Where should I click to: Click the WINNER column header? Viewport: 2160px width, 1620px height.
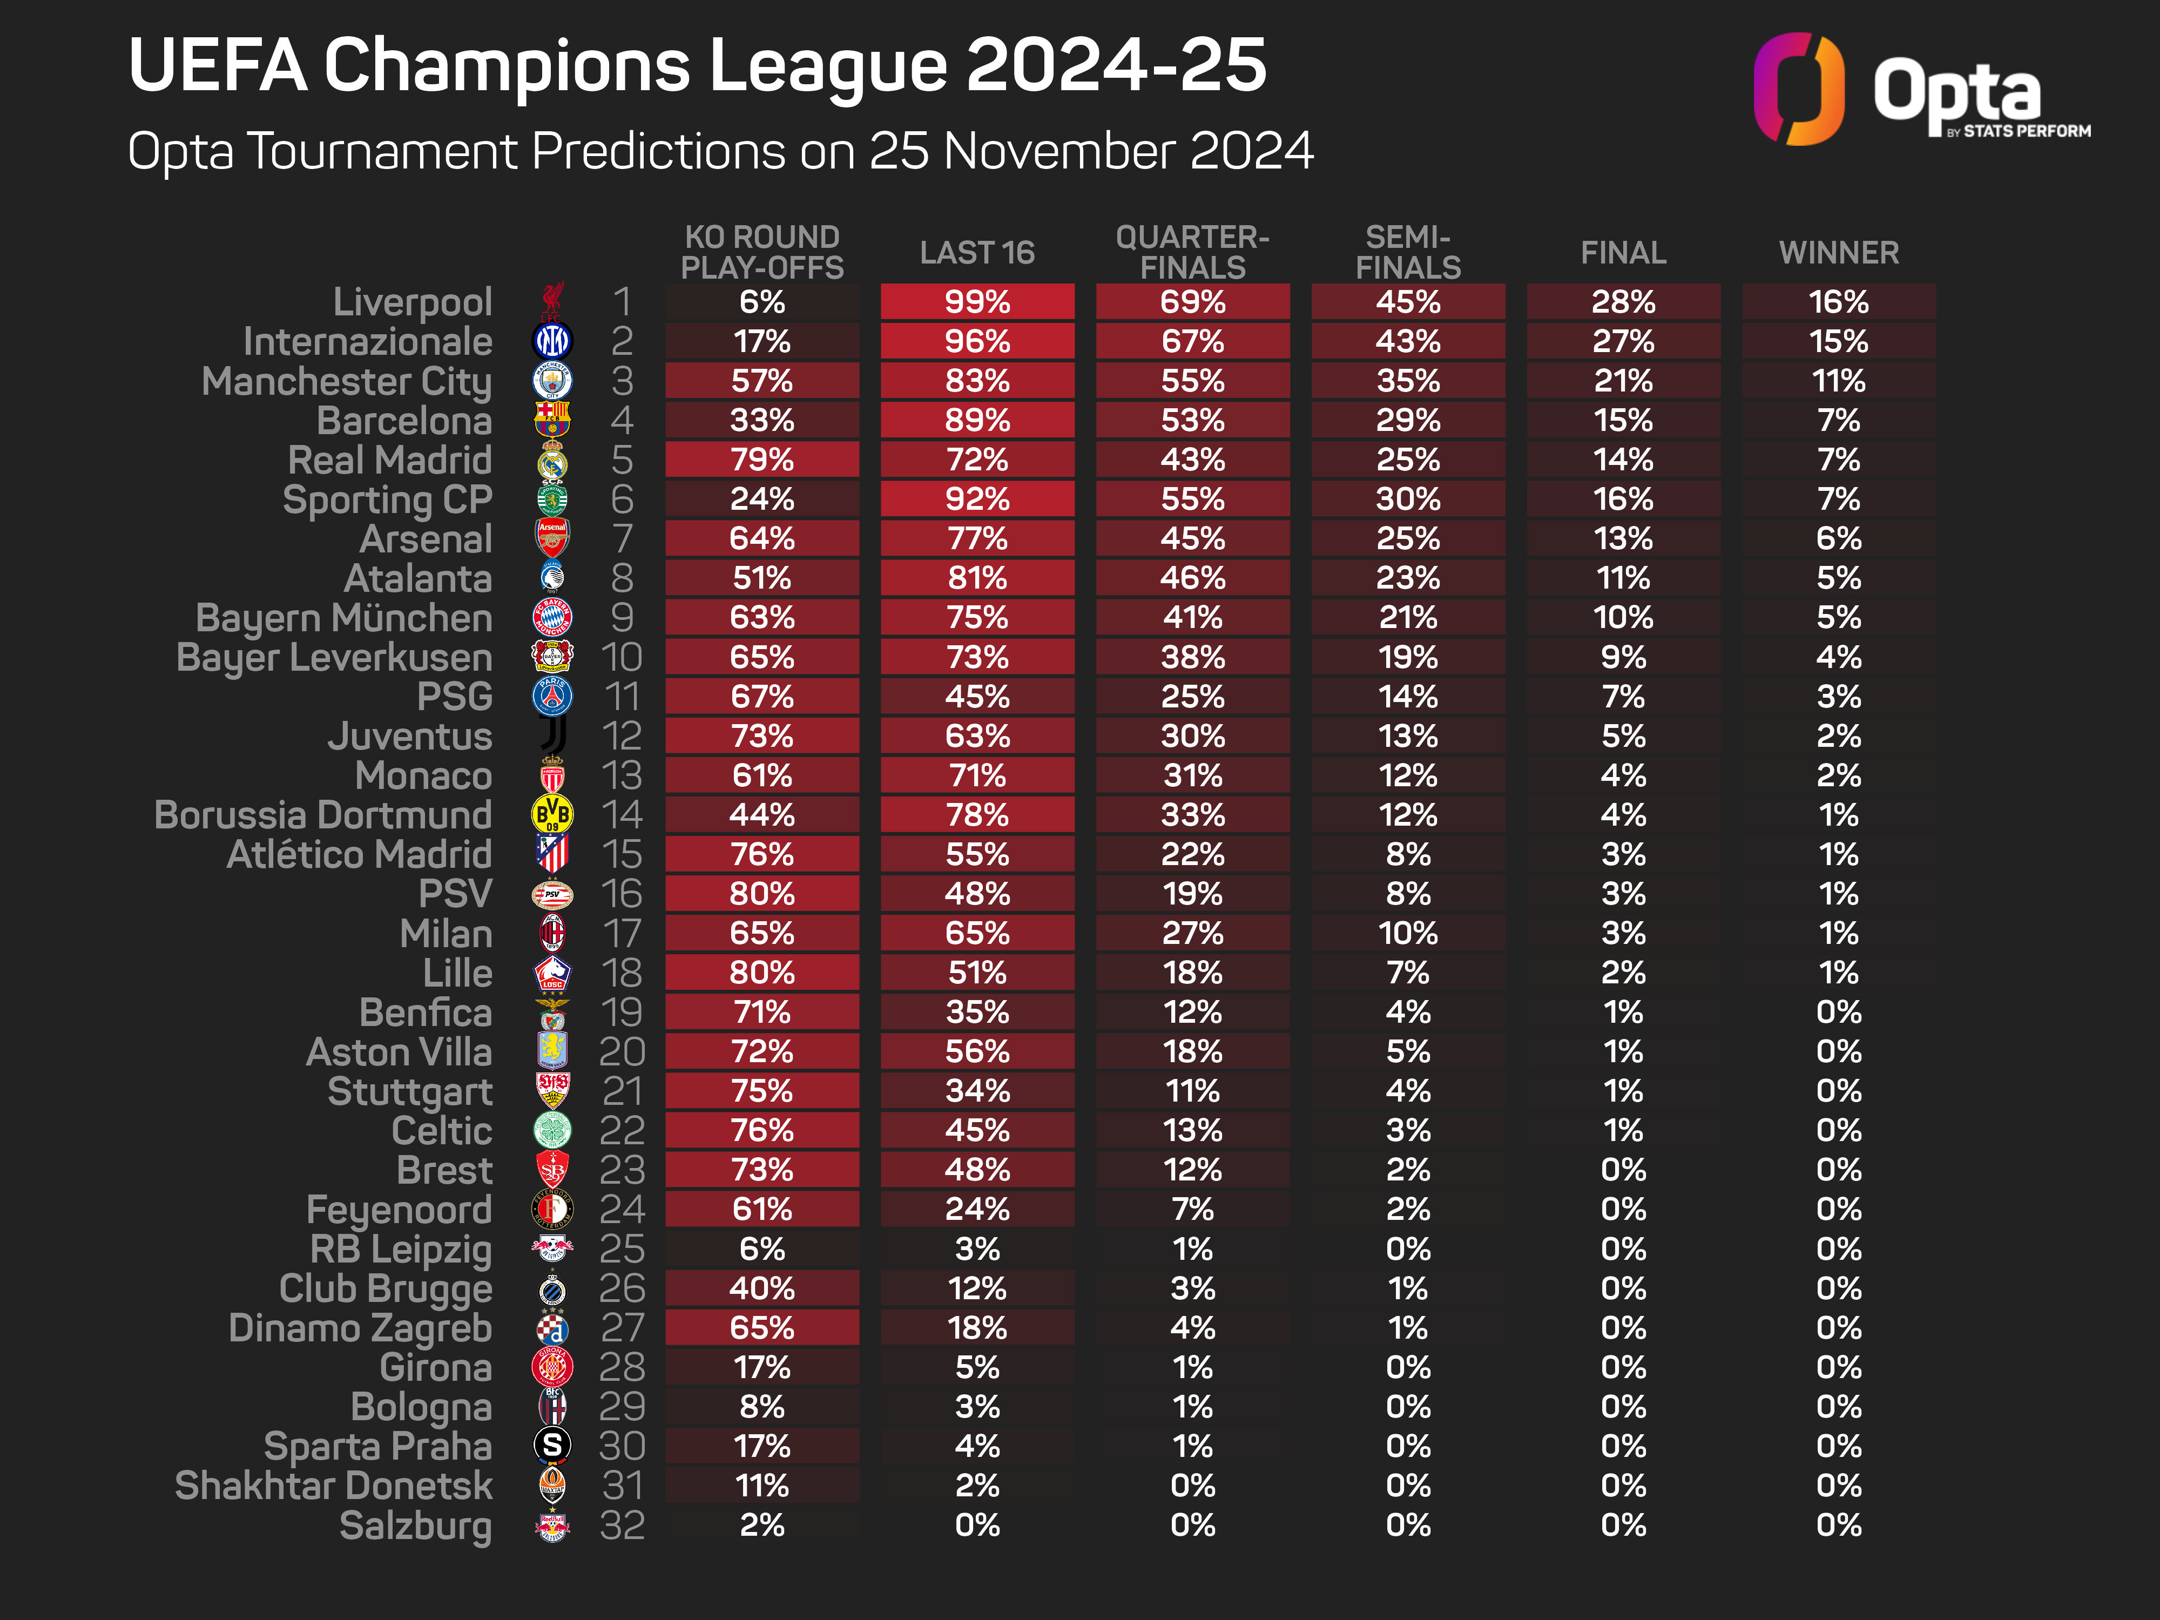[x=1839, y=253]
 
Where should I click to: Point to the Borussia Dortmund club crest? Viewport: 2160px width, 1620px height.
[x=552, y=814]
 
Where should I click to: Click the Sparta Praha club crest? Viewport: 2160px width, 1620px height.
[x=552, y=1445]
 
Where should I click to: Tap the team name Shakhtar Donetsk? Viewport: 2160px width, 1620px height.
[x=333, y=1485]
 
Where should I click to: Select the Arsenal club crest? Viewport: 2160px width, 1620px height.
[x=552, y=538]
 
